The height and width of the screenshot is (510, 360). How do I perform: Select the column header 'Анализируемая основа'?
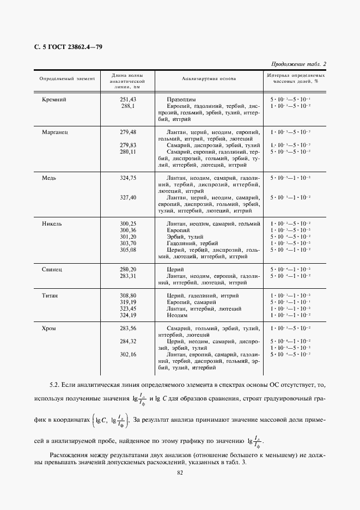click(209, 78)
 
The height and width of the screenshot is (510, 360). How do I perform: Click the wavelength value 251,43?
click(128, 100)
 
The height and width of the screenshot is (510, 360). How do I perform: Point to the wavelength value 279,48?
click(128, 132)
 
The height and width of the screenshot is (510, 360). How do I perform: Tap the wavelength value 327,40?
click(128, 198)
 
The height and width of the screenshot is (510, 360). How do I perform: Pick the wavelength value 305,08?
click(128, 250)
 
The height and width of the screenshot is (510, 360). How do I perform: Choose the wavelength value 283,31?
click(128, 276)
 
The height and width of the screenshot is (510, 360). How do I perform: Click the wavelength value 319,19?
click(128, 302)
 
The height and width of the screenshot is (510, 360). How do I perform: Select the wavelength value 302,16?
click(128, 355)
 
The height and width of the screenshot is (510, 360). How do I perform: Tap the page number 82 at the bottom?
click(180, 473)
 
